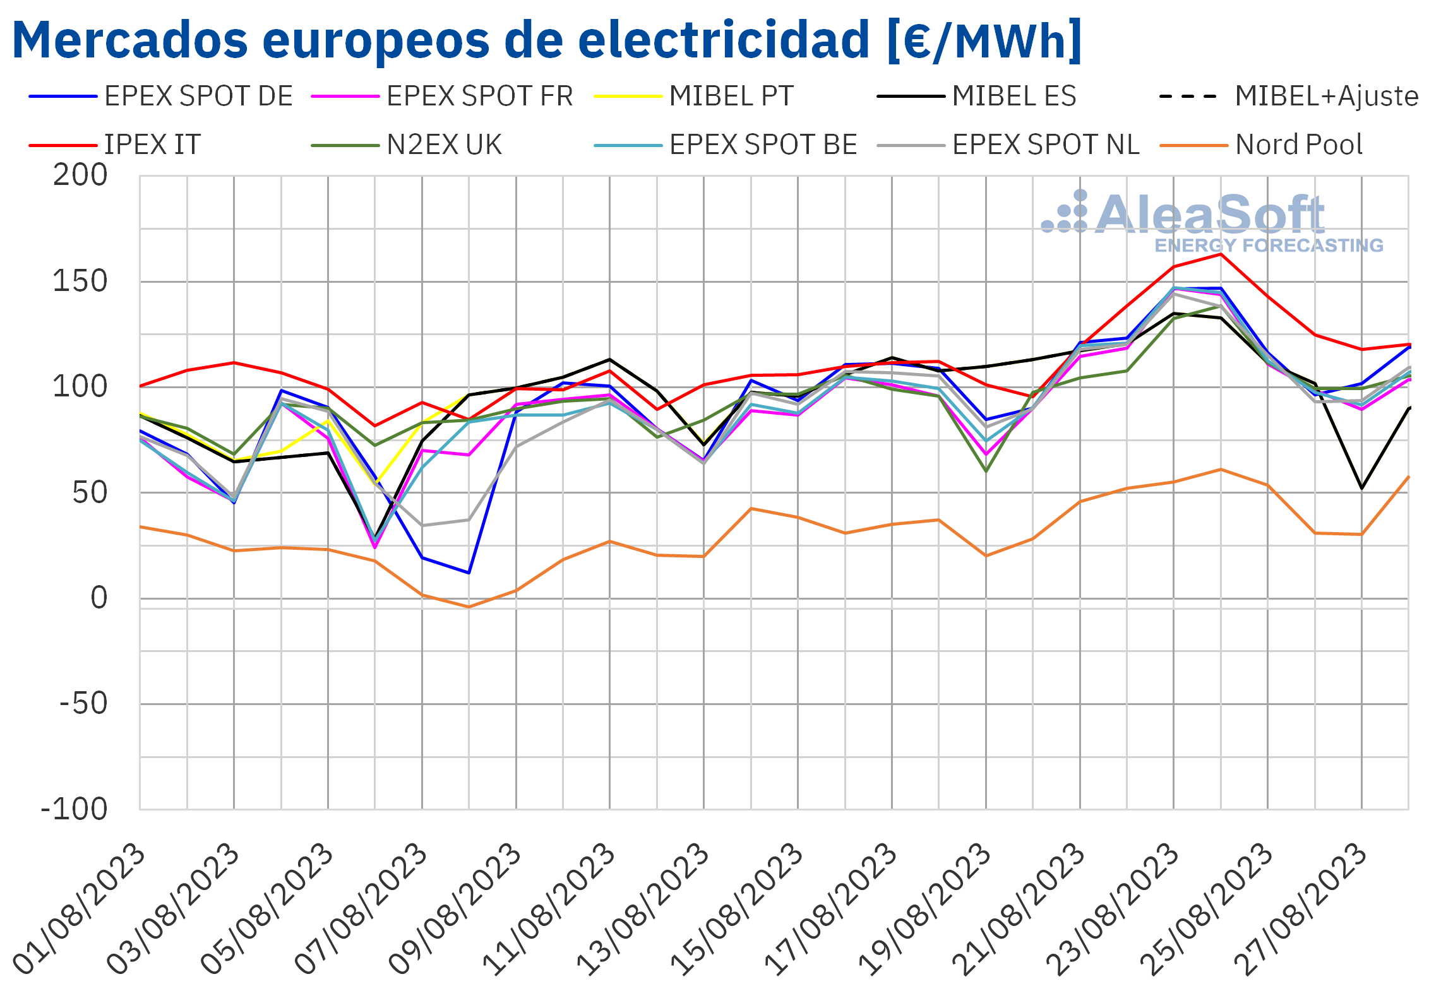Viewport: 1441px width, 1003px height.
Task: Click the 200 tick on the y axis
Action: point(80,175)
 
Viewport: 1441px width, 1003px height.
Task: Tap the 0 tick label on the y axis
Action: point(99,598)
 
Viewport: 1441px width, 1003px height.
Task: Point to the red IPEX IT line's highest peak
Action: point(1221,254)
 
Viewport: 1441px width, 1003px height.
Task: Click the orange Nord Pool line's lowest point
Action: point(469,607)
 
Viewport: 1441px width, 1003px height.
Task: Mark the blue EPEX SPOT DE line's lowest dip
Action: point(469,573)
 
